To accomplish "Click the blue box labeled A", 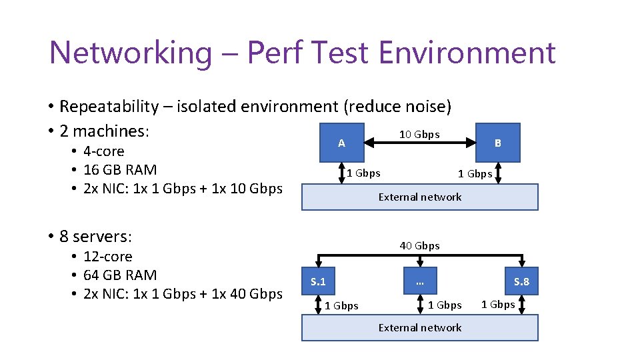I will tap(342, 143).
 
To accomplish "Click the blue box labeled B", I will tap(497, 143).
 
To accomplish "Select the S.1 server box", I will tap(319, 281).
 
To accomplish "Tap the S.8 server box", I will tap(521, 281).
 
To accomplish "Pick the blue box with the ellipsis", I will tap(419, 281).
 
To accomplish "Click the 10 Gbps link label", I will tap(419, 134).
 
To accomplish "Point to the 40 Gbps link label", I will tap(419, 245).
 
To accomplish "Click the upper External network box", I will tap(419, 197).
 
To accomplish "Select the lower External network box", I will tap(419, 327).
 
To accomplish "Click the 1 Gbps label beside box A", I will tap(363, 173).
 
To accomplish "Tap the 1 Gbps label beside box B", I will tap(475, 174).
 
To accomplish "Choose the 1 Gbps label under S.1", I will tap(341, 305).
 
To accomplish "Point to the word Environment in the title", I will tap(467, 53).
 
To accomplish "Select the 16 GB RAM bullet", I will tap(120, 169).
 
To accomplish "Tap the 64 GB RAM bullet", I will tap(120, 275).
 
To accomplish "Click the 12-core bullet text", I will tap(108, 256).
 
